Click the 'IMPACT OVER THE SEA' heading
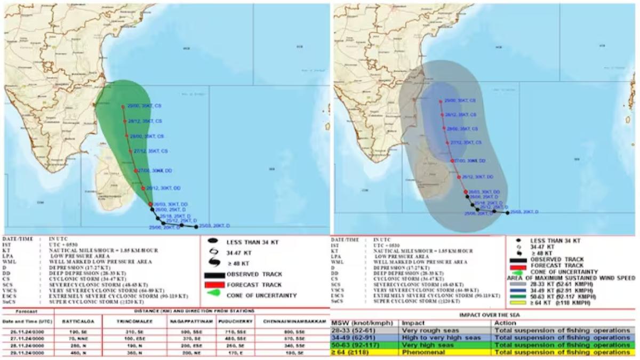[483, 315]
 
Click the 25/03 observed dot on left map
[197, 227]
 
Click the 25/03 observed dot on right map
[507, 212]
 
